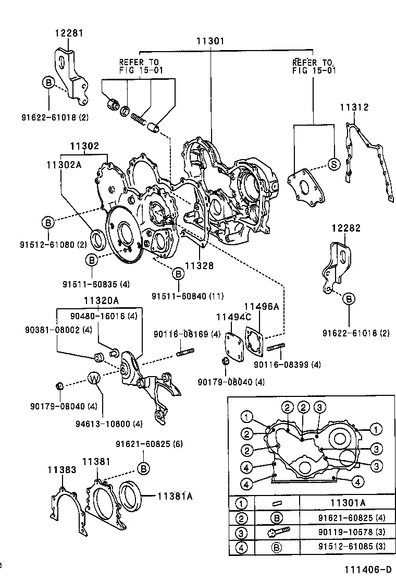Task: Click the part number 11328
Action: [200, 265]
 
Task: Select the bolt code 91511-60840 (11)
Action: [188, 296]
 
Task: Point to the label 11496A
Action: [262, 307]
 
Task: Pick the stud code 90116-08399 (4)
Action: [287, 364]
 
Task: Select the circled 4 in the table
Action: [242, 548]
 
